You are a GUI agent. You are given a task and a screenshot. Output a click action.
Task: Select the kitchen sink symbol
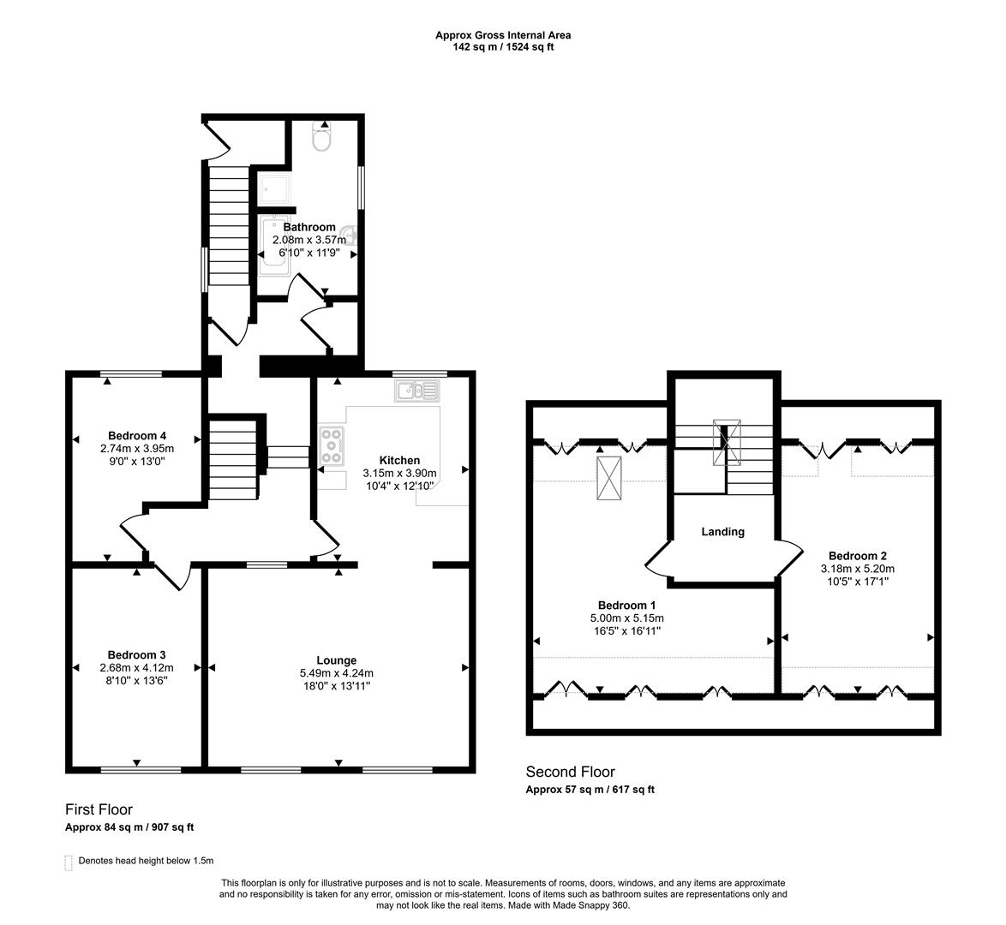point(417,391)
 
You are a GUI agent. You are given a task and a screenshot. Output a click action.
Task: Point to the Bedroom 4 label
point(137,435)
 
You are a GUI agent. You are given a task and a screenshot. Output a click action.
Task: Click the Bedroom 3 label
point(137,655)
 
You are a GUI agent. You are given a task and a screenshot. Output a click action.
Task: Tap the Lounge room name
point(336,660)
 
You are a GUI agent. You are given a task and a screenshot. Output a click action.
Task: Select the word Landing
point(722,532)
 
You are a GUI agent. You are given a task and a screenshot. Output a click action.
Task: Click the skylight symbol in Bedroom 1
point(611,477)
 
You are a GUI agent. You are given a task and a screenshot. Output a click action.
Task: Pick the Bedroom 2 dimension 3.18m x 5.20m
point(857,568)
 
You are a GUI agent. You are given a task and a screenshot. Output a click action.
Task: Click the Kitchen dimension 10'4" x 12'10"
point(399,486)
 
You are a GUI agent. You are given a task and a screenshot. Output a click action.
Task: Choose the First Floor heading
point(99,809)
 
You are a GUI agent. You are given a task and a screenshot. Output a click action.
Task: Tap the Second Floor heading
point(570,772)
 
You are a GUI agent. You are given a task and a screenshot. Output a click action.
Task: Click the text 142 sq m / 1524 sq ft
point(503,47)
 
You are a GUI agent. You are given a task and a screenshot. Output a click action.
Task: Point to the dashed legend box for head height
point(69,862)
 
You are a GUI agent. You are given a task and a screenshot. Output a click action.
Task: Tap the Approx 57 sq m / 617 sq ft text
point(590,790)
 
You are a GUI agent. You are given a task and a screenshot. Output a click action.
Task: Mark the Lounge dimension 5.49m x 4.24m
point(336,673)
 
